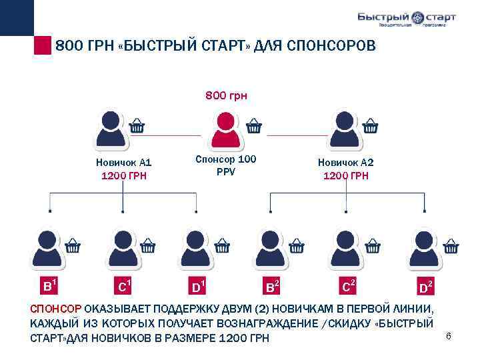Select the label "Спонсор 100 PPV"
pyautogui.click(x=225, y=165)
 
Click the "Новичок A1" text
pyautogui.click(x=124, y=162)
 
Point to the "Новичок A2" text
pyautogui.click(x=345, y=162)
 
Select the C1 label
pyautogui.click(x=123, y=287)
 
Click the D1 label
pyautogui.click(x=198, y=287)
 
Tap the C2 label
pyautogui.click(x=347, y=287)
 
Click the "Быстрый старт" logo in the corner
pyautogui.click(x=406, y=19)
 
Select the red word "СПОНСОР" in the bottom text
pyautogui.click(x=56, y=309)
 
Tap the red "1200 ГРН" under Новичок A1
pyautogui.click(x=123, y=176)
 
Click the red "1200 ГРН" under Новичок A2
pyautogui.click(x=345, y=176)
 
